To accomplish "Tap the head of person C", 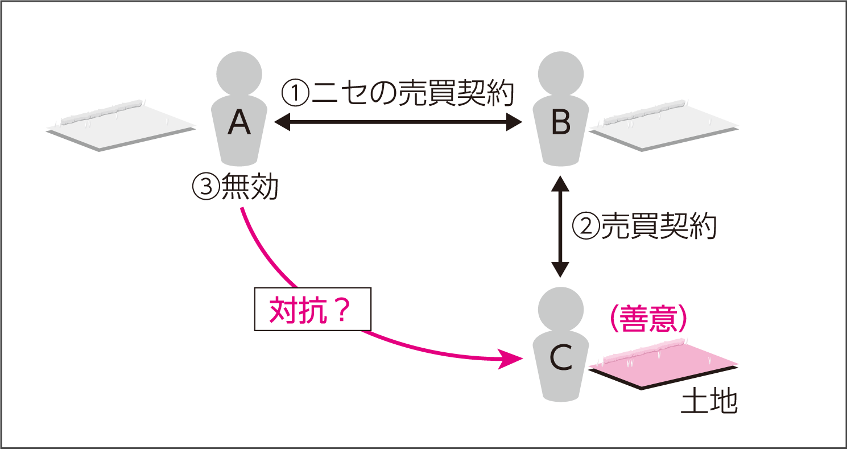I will coord(561,308).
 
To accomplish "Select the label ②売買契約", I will coord(643,226).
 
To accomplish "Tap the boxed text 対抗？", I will coord(311,310).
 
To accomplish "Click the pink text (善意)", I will coord(648,321).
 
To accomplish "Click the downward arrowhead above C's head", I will coord(561,269).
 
